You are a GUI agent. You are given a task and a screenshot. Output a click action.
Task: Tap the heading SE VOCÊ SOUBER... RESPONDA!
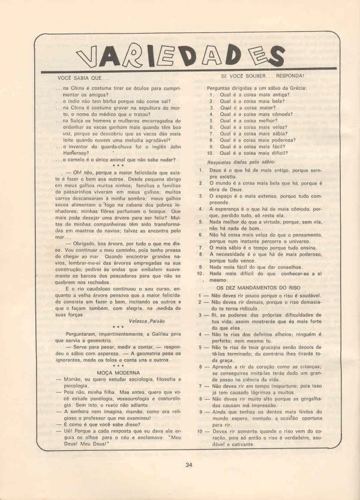pos(262,76)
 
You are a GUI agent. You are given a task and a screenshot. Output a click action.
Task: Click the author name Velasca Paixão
pos(148,321)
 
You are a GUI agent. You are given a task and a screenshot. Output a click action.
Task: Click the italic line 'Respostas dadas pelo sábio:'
pos(240,162)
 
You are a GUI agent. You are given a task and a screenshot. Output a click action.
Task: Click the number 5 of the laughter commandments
pos(199,347)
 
